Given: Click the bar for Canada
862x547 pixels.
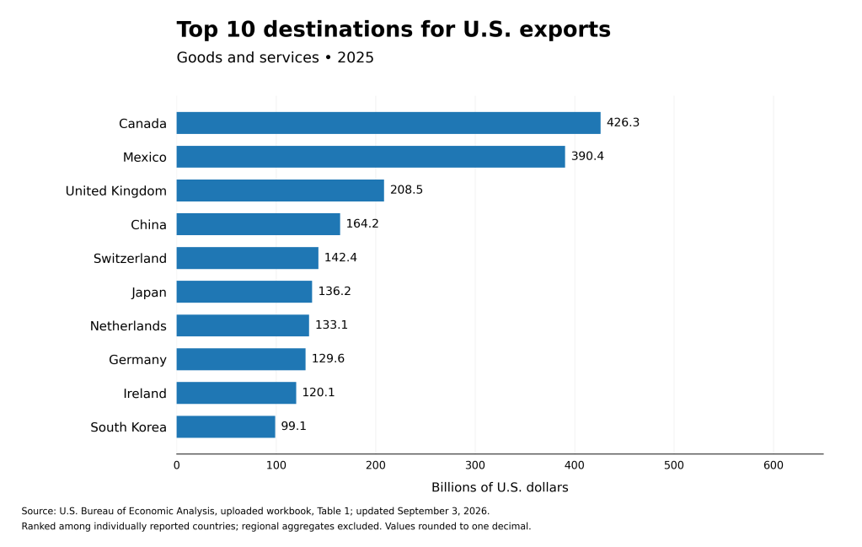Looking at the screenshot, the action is coord(388,123).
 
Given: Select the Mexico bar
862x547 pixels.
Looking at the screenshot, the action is coord(371,157).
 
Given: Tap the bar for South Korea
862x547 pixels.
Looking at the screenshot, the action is coord(226,426).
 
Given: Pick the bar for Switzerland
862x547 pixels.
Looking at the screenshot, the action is coord(248,258).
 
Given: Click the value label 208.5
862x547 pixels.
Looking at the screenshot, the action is coord(406,190).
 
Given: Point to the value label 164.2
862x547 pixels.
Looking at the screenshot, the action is coord(362,223).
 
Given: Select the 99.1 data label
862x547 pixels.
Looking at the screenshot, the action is coord(293,426).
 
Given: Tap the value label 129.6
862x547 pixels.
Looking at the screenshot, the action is coord(328,358).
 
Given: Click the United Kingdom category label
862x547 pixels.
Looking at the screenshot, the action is coord(116,190).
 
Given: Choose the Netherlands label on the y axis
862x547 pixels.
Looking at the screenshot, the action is coord(128,326).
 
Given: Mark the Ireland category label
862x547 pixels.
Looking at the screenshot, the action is coord(145,394).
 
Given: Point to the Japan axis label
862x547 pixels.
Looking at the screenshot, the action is coord(149,292).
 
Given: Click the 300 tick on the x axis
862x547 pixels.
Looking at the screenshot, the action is coord(475,465).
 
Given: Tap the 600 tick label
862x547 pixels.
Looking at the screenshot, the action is coord(773,465).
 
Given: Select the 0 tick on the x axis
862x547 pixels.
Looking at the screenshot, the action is coord(176,465).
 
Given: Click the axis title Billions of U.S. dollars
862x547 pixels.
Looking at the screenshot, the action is coord(500,488).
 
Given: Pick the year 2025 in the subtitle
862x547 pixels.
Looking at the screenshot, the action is coord(356,57).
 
